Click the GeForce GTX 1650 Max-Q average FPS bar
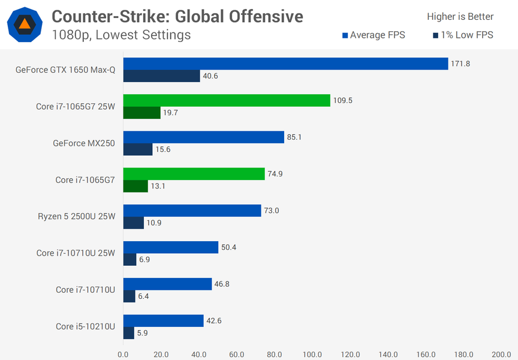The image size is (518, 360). tap(285, 64)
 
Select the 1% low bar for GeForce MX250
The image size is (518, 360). tap(138, 149)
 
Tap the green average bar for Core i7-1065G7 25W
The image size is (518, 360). tap(227, 100)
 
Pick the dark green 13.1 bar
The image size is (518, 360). tap(135, 186)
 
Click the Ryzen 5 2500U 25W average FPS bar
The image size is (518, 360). tap(192, 211)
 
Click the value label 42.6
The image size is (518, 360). tap(215, 320)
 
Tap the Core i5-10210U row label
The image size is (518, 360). tap(85, 326)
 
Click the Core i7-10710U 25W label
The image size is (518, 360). tap(76, 253)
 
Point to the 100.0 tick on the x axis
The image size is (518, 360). tap(312, 354)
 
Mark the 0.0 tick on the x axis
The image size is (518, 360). tap(124, 354)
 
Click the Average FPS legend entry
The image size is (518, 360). tap(374, 35)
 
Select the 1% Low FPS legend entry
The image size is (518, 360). tap(463, 35)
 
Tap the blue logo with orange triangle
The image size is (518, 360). tap(24, 24)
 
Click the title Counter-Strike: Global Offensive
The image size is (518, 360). tap(177, 16)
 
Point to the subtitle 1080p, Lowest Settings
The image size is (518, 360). tap(121, 35)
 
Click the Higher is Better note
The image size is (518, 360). tap(460, 16)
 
